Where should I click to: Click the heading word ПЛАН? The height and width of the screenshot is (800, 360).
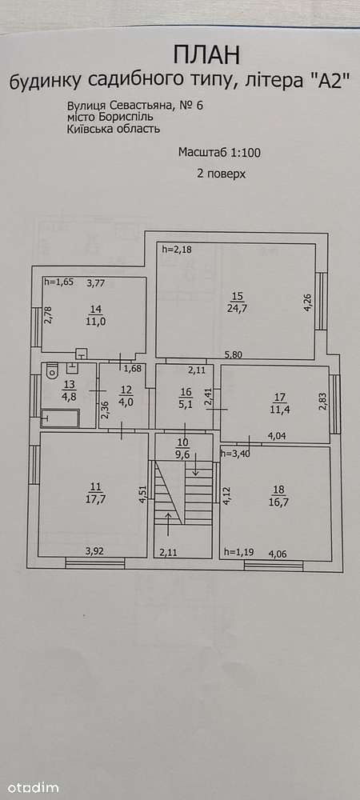(x=206, y=54)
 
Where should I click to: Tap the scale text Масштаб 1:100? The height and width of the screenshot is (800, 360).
(x=220, y=152)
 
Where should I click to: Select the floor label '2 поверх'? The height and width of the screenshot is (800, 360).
(x=222, y=174)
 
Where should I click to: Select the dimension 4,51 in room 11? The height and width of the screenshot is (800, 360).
(x=144, y=494)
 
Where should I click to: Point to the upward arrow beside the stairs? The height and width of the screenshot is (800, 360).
(x=170, y=525)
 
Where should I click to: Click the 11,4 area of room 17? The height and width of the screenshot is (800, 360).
(x=282, y=407)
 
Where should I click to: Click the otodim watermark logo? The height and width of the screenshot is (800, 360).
(x=30, y=788)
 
